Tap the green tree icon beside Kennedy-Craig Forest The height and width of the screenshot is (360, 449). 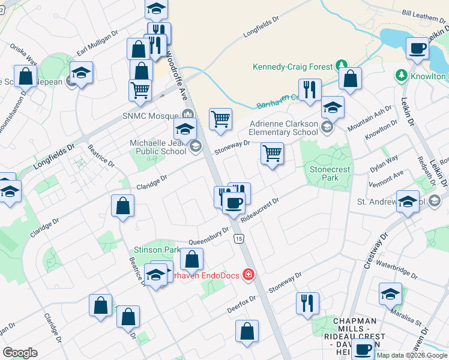coord(341,64)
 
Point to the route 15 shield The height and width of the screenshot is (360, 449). coord(239,239)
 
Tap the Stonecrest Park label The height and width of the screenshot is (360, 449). coord(330,174)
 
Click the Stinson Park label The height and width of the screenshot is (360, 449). coord(157,249)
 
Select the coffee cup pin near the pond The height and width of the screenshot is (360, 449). coord(417,48)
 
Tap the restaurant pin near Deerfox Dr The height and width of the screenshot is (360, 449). coord(307,302)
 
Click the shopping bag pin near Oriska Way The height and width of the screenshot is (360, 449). coord(25,77)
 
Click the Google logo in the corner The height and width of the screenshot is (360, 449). coord(20,353)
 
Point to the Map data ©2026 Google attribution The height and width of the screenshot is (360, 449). coord(412,355)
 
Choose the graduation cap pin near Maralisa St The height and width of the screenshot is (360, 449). coord(390,294)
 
